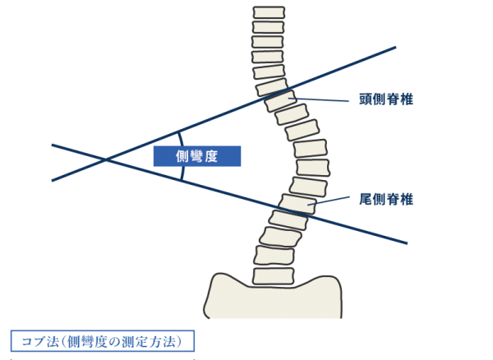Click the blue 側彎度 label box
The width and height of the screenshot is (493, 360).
pos(197,156)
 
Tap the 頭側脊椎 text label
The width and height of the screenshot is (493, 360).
pos(385,99)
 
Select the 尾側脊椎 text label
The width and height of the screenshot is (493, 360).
pos(385,199)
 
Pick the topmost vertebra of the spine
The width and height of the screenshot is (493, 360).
pos(269,13)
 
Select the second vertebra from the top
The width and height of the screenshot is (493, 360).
pos(268,27)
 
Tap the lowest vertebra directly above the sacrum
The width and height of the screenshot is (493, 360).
pos(273,275)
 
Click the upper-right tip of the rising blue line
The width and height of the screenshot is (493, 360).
pos(396,47)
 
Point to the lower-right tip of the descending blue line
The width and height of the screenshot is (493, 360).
pos(407,243)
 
